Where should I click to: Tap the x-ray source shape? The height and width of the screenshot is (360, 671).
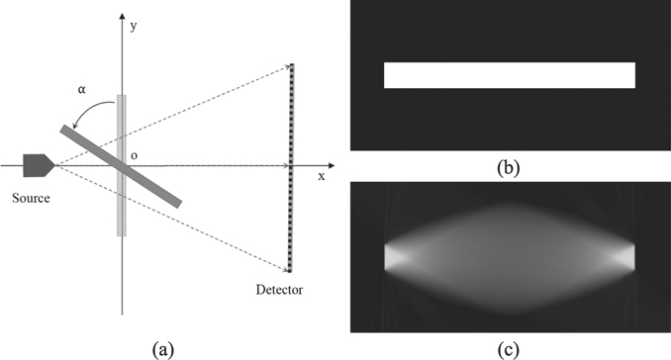[37, 163]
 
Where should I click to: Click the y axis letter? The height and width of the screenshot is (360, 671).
[134, 27]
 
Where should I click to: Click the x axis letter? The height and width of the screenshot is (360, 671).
[321, 176]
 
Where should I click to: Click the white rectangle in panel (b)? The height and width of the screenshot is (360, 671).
[510, 75]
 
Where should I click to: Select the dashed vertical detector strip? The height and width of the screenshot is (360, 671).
[291, 168]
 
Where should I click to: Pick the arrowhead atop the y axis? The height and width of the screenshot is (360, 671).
[122, 20]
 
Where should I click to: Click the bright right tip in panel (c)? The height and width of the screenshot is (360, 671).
[624, 256]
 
